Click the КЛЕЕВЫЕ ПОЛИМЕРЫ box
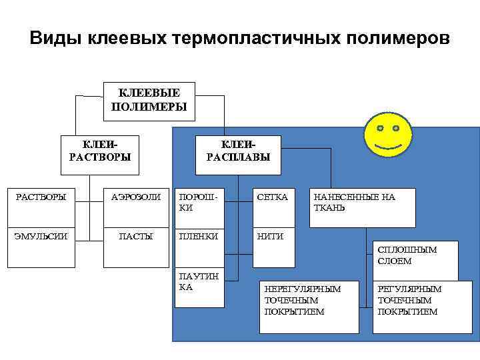pos(149,101)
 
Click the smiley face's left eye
pos(379,127)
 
